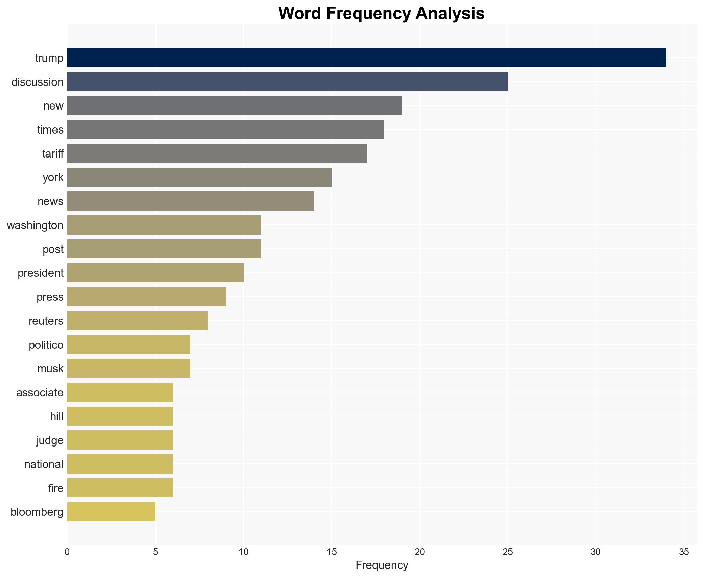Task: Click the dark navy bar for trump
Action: pos(367,58)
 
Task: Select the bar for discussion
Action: pos(287,82)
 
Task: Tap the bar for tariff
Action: pos(217,153)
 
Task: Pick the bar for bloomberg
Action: pos(111,512)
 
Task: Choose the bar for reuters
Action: pos(138,321)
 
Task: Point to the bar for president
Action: pos(155,273)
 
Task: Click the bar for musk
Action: pos(129,368)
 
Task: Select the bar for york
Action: pos(199,177)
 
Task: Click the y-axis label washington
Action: pos(35,225)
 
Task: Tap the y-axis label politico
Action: pos(46,345)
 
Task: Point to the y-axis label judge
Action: pos(50,440)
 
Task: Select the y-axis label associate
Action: pos(40,393)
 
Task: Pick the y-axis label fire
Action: pos(56,488)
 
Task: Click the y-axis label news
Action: pos(50,201)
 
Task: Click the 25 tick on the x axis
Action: pos(507,552)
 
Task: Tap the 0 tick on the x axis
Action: pos(67,552)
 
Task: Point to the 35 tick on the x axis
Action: pos(684,552)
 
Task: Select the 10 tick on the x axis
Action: pos(243,552)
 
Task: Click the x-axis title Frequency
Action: pos(382,565)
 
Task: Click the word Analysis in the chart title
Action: pos(450,14)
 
